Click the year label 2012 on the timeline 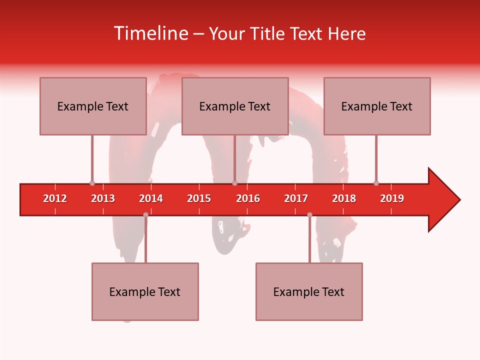[x=55, y=198]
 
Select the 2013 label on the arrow [x=103, y=198]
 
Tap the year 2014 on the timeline [x=151, y=198]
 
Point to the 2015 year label [x=199, y=198]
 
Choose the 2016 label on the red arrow [x=248, y=198]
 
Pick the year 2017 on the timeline [x=296, y=198]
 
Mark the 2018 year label [x=344, y=198]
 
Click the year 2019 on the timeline [x=392, y=198]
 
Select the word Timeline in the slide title [x=150, y=33]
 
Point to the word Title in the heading [x=266, y=33]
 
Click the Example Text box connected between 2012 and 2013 [x=93, y=106]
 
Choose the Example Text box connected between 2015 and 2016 [x=235, y=106]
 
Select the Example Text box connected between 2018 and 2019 [x=377, y=106]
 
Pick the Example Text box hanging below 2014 [x=145, y=291]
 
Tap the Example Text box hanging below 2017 [x=309, y=291]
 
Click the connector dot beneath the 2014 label [x=145, y=214]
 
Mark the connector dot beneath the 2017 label [x=309, y=214]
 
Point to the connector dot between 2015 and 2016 [x=234, y=183]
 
